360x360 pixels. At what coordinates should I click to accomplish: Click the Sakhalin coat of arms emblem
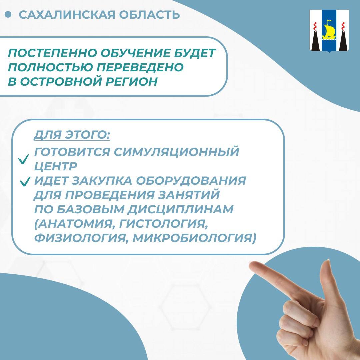pos(329,31)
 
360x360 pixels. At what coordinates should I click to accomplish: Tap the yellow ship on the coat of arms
pos(328,30)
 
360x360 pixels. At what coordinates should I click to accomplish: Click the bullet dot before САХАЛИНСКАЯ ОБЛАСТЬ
pos(8,14)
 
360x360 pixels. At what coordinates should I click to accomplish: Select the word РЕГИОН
pos(132,81)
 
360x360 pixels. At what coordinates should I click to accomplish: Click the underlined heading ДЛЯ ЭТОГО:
pos(72,135)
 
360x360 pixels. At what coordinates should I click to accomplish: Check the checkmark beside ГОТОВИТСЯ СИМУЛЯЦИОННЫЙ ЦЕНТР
pos(24,159)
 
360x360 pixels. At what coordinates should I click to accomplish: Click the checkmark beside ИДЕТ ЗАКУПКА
pos(25,181)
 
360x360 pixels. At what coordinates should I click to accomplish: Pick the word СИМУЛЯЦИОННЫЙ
pos(176,152)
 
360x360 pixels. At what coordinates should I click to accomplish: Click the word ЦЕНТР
pos(56,166)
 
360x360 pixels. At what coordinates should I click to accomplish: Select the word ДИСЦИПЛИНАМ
pos(180,209)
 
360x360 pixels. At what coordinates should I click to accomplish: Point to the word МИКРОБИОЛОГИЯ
pos(194,238)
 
